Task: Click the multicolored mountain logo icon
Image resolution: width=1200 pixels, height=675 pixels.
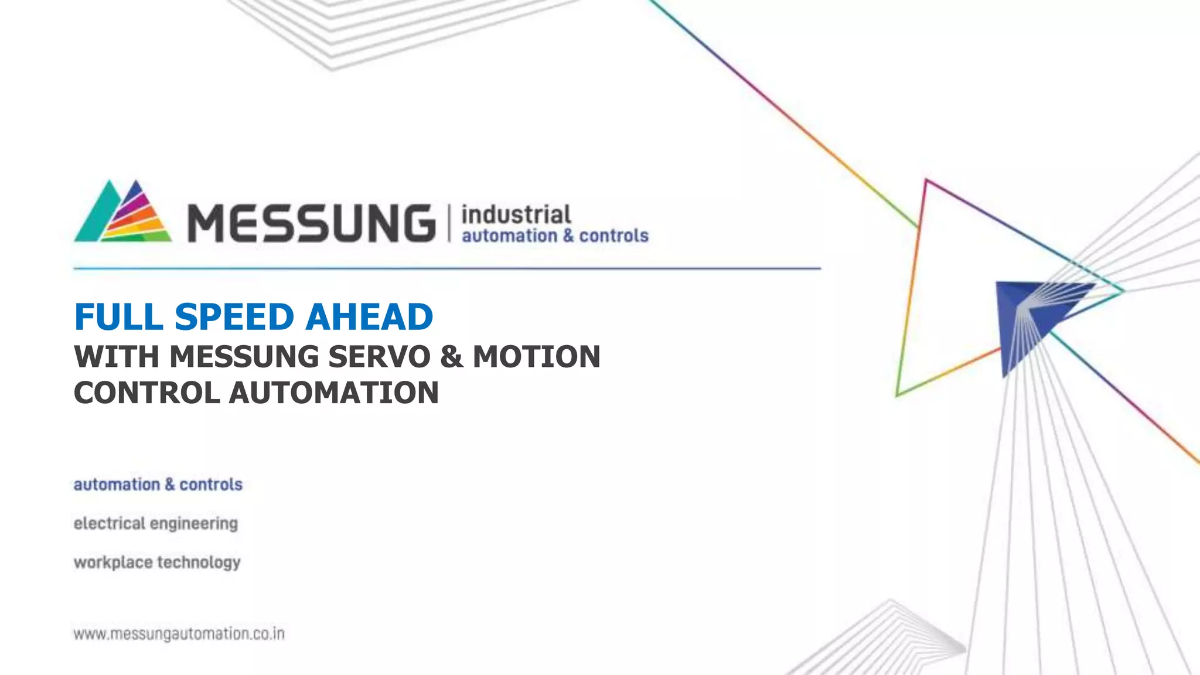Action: pyautogui.click(x=123, y=212)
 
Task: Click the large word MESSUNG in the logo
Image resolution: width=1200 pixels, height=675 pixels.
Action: pyautogui.click(x=311, y=223)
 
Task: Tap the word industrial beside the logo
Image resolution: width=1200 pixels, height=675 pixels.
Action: pyautogui.click(x=516, y=214)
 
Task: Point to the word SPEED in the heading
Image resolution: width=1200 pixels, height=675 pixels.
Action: pyautogui.click(x=234, y=317)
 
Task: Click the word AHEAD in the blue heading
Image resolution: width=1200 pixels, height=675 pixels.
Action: pyautogui.click(x=369, y=317)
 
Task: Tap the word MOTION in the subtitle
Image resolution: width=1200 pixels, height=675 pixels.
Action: pyautogui.click(x=536, y=357)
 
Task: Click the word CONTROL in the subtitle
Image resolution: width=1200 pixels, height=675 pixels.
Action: pyautogui.click(x=146, y=393)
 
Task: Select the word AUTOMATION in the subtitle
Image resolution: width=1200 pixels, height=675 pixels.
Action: pyautogui.click(x=333, y=393)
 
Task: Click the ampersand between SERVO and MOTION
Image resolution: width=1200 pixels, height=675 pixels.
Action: pyautogui.click(x=451, y=357)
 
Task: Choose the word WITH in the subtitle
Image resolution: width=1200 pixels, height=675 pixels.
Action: pyautogui.click(x=117, y=357)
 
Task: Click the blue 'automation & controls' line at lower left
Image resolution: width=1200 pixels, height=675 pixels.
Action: pyautogui.click(x=158, y=485)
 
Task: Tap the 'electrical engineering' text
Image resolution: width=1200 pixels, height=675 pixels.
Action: pyautogui.click(x=156, y=523)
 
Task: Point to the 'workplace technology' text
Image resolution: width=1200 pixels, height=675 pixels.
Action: pyautogui.click(x=157, y=562)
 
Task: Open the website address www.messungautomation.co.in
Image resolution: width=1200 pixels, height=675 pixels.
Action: pyautogui.click(x=179, y=634)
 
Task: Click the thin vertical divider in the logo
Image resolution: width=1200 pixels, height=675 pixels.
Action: pyautogui.click(x=449, y=223)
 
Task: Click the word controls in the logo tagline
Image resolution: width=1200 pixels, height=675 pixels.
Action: pyautogui.click(x=613, y=236)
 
